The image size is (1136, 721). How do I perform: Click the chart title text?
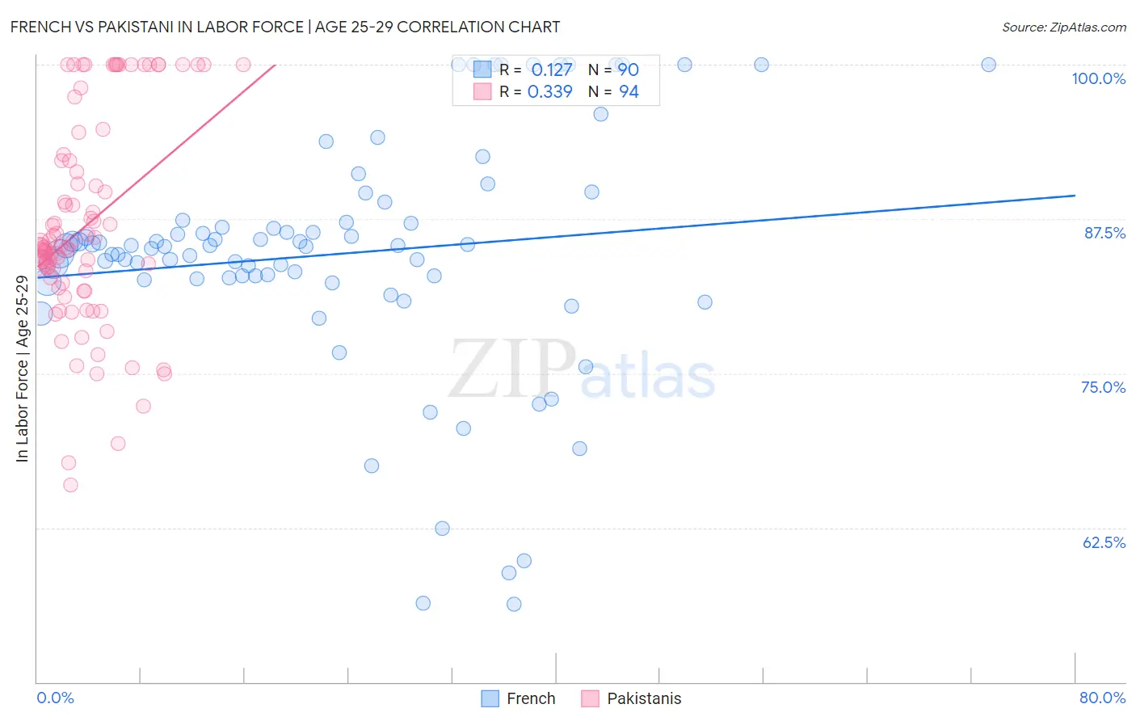(284, 27)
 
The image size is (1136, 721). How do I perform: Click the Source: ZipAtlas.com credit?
(1063, 27)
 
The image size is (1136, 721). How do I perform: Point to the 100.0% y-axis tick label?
(1098, 78)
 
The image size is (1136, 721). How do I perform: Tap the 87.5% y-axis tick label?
(1104, 233)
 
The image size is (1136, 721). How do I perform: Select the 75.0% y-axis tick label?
(1103, 387)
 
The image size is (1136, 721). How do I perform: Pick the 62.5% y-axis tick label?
(1104, 542)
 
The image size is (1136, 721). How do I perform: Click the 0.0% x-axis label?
(55, 698)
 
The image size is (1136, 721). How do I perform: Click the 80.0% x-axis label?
(1102, 698)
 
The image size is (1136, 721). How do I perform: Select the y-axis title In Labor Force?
(22, 369)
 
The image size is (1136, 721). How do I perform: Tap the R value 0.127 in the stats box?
(551, 70)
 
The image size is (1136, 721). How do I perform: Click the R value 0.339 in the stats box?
(549, 92)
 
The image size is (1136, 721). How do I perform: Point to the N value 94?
(629, 92)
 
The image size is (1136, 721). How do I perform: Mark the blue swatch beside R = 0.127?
(482, 70)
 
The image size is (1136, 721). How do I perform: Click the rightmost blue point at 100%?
(988, 65)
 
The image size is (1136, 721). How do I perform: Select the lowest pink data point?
(70, 485)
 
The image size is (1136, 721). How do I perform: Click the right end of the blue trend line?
(1075, 195)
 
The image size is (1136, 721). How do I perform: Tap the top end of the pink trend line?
(276, 65)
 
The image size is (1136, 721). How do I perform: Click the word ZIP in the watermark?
(512, 369)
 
